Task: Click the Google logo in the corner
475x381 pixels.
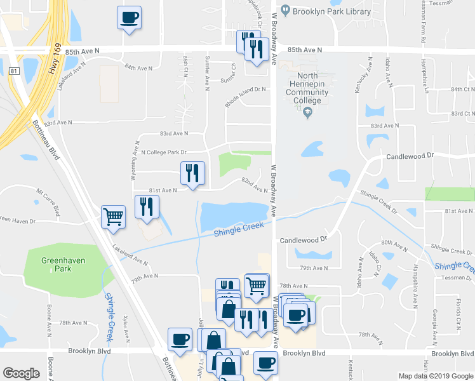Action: point(22,373)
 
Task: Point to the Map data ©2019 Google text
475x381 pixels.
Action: point(436,376)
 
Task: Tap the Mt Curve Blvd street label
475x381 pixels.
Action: point(49,201)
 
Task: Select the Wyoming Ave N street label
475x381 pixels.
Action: point(135,161)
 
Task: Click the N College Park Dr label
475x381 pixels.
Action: point(163,152)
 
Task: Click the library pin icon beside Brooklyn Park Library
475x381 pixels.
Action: point(285,10)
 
